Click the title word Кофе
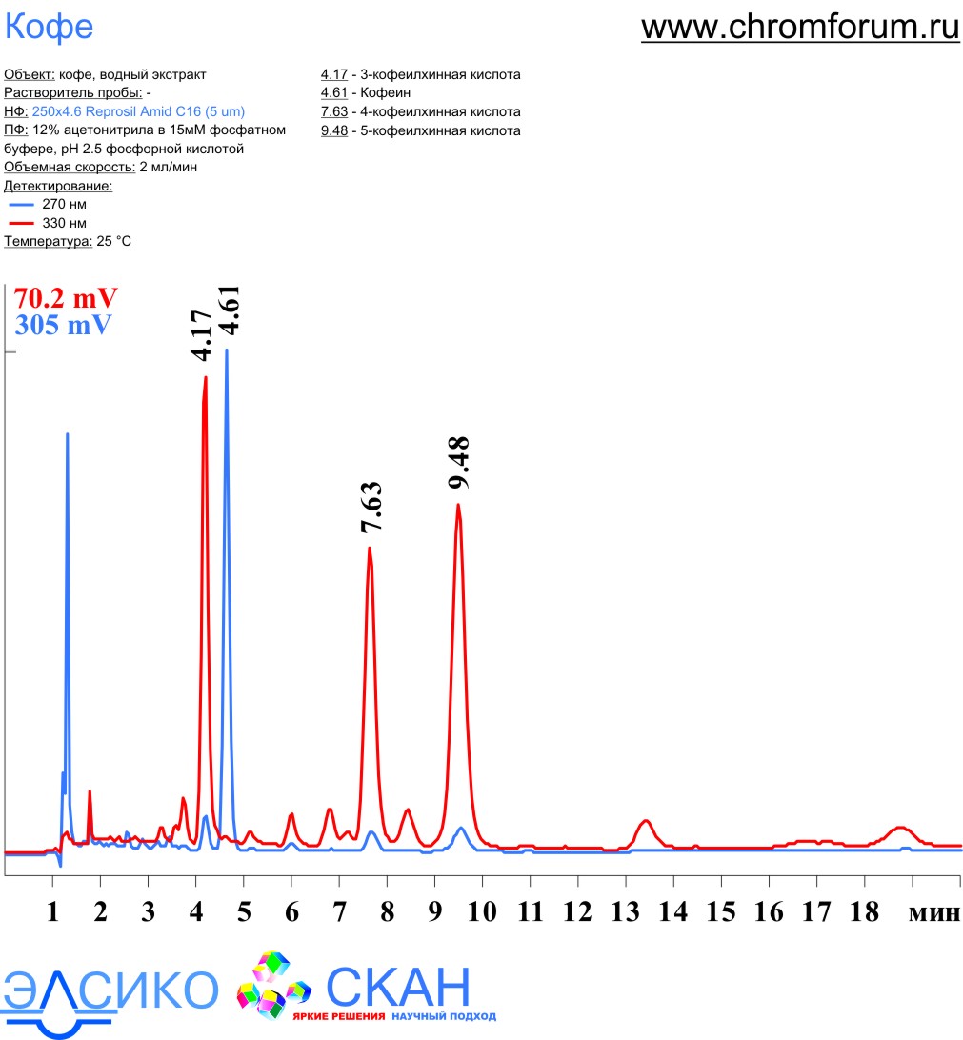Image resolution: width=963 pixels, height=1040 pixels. point(50,27)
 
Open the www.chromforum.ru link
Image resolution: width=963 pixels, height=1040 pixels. point(800,27)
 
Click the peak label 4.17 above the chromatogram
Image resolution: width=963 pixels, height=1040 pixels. point(201,335)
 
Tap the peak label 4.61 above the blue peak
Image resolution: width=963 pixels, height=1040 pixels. point(229,310)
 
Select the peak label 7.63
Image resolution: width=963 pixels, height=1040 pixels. point(371,507)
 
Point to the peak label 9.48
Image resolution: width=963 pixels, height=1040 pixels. point(459,463)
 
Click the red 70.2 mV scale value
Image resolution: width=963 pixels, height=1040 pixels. point(66,296)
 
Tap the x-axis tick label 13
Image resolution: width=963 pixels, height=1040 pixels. point(625,912)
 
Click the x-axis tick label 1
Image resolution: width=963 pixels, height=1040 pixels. point(52,912)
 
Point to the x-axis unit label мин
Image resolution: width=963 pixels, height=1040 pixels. point(933,912)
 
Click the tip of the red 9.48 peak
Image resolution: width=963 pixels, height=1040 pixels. point(458,505)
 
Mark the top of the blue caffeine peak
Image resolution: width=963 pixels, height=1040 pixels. point(227,350)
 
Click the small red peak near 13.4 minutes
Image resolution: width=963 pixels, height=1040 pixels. point(646,821)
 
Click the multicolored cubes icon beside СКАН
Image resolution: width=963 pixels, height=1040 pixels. point(273,985)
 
